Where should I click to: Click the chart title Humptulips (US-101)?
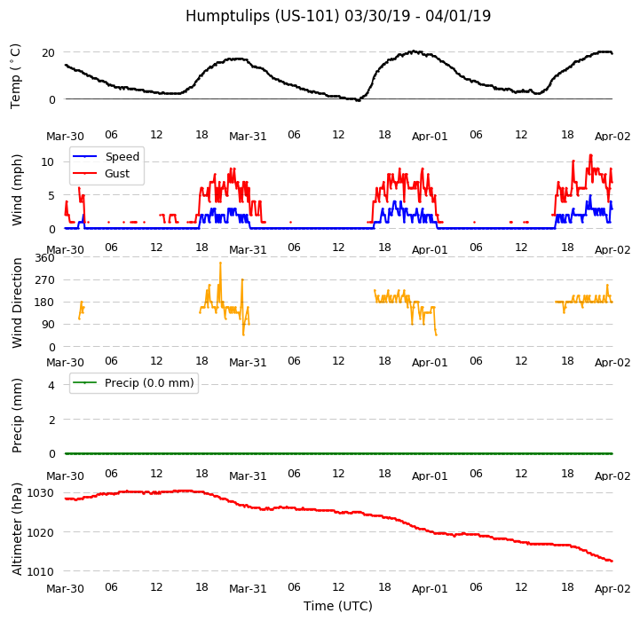pos(337,16)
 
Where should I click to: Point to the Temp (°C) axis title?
pos(16,75)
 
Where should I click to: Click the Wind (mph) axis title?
pos(18,189)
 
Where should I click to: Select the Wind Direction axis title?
pos(18,303)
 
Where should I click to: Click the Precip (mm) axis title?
pos(18,415)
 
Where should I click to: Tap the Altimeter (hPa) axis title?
pos(18,529)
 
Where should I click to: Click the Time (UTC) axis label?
pos(337,606)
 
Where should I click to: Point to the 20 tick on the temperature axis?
pos(49,52)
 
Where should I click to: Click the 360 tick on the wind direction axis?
pos(44,258)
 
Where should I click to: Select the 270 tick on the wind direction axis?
pos(44,280)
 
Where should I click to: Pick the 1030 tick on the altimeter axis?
pos(41,493)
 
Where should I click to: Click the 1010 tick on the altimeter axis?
pos(41,571)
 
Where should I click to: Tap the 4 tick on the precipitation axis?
pos(51,385)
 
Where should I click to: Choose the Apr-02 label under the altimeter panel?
pos(612,589)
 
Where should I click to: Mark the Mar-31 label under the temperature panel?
pos(248,137)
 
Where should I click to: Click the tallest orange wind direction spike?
pos(220,263)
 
